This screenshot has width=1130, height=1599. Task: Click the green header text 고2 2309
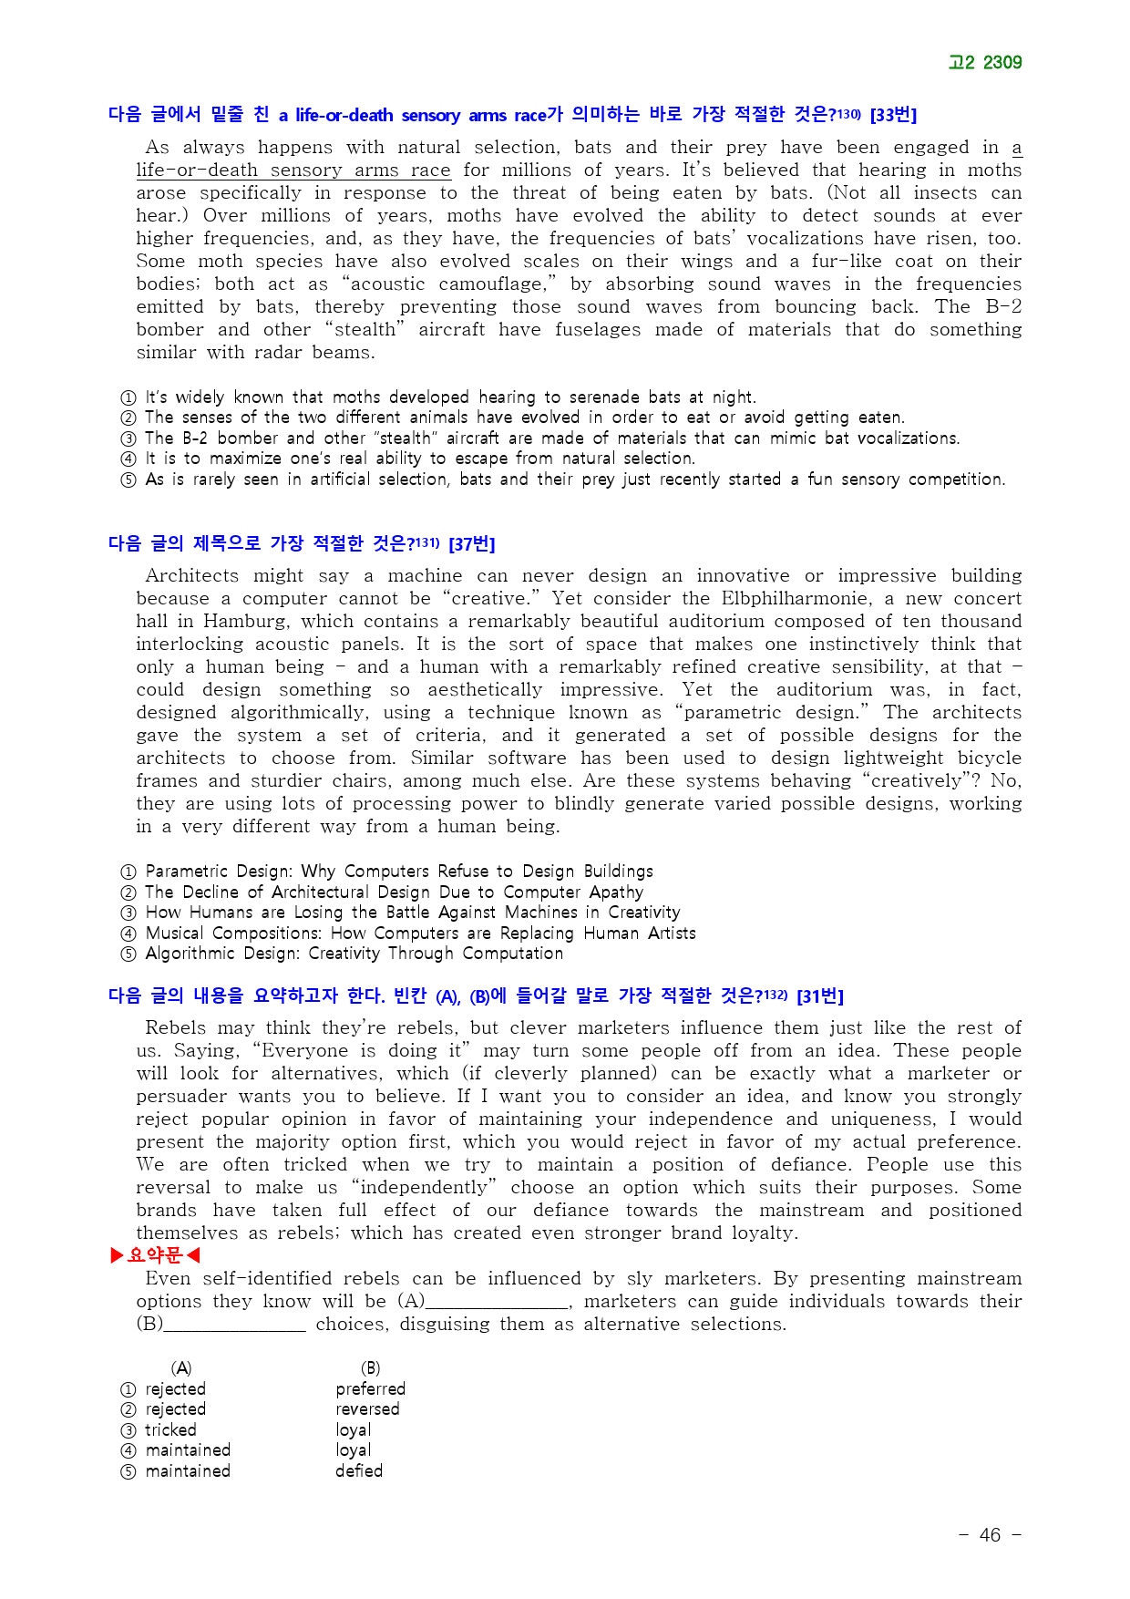pos(984,62)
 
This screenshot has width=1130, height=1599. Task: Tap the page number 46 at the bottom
pos(990,1535)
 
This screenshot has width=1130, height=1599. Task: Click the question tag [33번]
pos(893,115)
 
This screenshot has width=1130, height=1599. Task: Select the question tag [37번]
pos(471,544)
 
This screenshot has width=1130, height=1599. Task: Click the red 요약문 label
pos(155,1255)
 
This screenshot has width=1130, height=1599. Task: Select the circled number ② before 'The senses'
pos(128,418)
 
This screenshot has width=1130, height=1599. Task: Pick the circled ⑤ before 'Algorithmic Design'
pos(128,954)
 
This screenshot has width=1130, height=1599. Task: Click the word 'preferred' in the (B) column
pos(370,1388)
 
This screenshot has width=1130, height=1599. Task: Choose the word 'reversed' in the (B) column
pos(367,1409)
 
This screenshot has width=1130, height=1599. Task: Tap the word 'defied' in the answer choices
pos(359,1470)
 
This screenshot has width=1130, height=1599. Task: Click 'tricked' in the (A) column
pos(170,1429)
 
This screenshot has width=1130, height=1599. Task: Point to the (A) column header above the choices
pos(181,1368)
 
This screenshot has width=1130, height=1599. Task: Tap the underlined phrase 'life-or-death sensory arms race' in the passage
pos(293,170)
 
